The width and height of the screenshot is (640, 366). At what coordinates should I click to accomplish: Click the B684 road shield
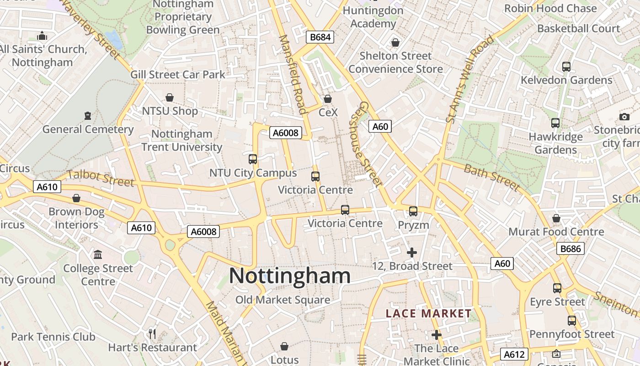pos(320,37)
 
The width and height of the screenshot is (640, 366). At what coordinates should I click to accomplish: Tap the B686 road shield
pos(571,249)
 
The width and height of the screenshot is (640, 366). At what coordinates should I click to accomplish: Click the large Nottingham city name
pos(290,276)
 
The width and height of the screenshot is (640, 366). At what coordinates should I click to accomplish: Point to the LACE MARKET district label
pos(428,313)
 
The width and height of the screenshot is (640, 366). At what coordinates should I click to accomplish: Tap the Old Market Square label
pos(283,300)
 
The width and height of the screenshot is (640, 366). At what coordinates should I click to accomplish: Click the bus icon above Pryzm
pos(413,211)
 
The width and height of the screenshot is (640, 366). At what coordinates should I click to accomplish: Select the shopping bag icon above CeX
pos(327,98)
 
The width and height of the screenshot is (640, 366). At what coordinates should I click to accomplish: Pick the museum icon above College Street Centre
pos(98,254)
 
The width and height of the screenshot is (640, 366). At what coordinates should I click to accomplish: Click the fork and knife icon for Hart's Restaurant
pos(153,334)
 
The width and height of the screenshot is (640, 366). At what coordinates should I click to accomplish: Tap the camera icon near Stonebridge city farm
pos(624,117)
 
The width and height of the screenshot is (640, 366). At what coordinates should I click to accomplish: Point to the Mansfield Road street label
pos(293,74)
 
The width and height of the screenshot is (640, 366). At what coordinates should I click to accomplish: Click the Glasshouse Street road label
pos(365,144)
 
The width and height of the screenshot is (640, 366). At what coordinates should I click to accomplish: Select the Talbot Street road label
pos(101,178)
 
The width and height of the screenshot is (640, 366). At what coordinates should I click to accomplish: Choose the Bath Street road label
pos(492,177)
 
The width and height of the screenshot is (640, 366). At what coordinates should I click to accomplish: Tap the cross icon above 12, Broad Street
pos(412,252)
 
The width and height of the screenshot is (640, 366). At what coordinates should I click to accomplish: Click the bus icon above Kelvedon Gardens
pos(566,66)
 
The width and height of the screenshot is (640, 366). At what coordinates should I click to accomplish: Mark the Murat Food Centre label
pos(556,232)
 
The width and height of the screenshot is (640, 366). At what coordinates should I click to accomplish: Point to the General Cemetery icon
pos(88,116)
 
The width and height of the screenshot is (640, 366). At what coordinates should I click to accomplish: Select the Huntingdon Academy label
pos(373,17)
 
